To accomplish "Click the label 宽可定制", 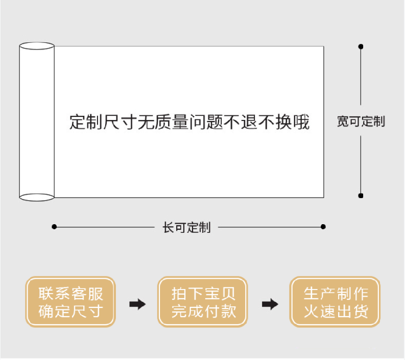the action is pos(361,122).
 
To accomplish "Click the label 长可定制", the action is pos(186,228).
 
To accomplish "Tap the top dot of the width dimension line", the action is pos(361,46).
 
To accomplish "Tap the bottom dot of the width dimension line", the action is pos(361,196).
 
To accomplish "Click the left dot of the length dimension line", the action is pos(54,227).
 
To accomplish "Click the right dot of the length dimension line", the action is pos(323,227).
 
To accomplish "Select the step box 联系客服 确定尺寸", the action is pos(70,302).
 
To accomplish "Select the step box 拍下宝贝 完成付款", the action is pos(202,302).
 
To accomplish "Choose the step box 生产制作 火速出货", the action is pos(335,302).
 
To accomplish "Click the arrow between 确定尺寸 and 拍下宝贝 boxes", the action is pos(137,304).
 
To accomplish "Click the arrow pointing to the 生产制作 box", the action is pos(270,304).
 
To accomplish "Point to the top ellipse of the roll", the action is pos(37,46).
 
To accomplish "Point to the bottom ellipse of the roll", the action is pos(37,197).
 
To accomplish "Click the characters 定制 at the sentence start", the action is pos(86,122).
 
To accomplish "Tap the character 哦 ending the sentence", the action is pos(301,122).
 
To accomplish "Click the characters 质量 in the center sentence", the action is pos(172,122).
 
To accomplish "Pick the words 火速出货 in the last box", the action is pos(336,311).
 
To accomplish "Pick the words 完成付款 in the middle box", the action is pos(204,311).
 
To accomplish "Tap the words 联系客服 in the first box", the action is pos(71,294).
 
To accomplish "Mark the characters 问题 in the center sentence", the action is pos(206,122).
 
